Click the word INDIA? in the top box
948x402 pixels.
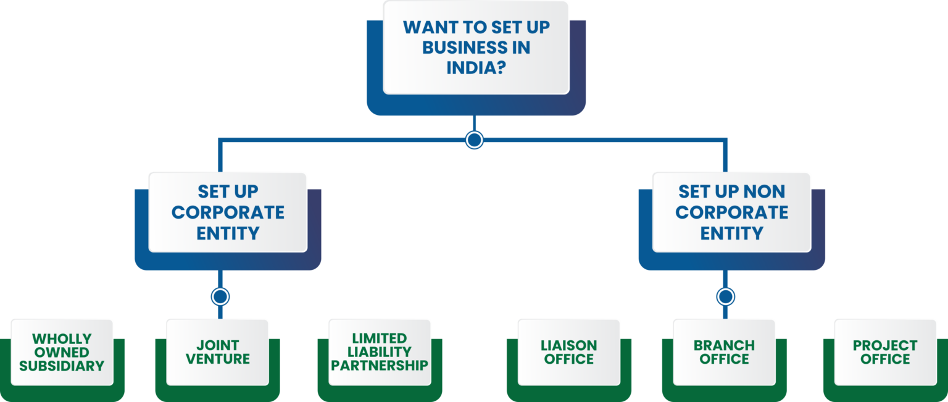pos(476,68)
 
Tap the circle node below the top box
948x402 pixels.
pos(474,140)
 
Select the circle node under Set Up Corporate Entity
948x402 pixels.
pos(220,297)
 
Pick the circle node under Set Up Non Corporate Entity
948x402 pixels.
pos(726,297)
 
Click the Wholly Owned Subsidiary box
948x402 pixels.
pos(62,352)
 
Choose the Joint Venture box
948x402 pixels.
pos(218,352)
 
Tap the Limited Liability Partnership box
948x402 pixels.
pos(380,352)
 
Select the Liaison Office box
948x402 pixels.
pos(569,352)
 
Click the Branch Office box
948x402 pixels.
pos(724,352)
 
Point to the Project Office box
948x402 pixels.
pos(885,352)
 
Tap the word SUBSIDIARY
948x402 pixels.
pos(62,366)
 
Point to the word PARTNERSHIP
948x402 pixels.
pos(380,365)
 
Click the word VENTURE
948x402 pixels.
pos(218,359)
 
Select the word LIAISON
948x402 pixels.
pos(569,345)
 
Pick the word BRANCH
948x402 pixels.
pos(724,345)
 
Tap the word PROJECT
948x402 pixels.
pos(885,345)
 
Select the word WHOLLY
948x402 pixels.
pos(62,339)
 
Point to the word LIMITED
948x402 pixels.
pos(380,338)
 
